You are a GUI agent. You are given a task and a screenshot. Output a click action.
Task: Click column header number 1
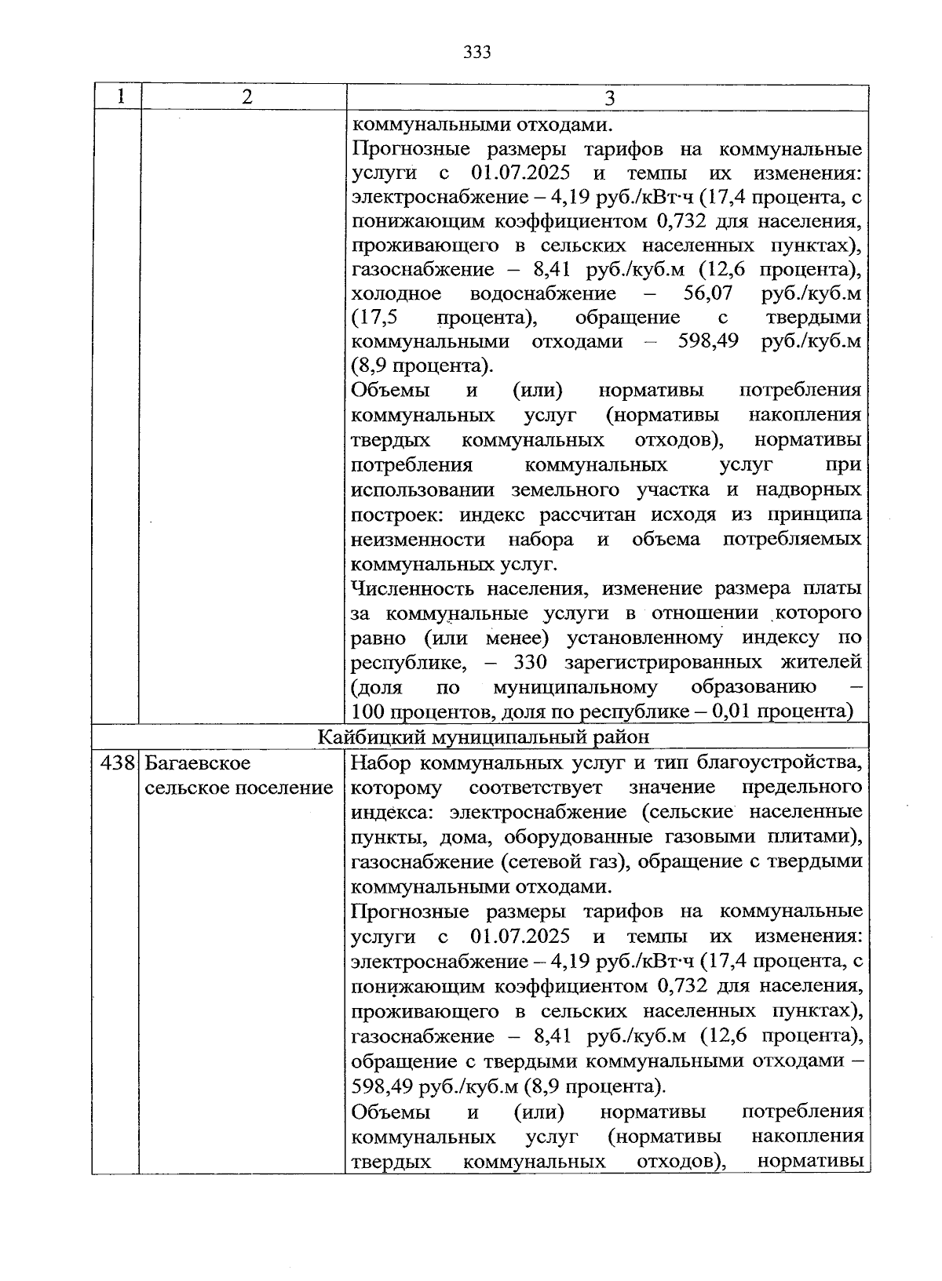[120, 97]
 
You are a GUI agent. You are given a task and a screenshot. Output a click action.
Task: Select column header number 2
[246, 97]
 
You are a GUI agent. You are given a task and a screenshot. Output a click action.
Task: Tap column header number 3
[608, 98]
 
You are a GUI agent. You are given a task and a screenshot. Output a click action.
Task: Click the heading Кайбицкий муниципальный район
[484, 737]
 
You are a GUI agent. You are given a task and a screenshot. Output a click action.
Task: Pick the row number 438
[118, 762]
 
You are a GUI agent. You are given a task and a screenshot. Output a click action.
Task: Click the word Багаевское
[198, 762]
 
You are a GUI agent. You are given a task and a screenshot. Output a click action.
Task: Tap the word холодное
[396, 293]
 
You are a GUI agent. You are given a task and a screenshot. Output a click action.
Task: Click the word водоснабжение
[542, 293]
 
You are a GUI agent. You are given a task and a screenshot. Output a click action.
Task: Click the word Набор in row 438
[379, 762]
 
